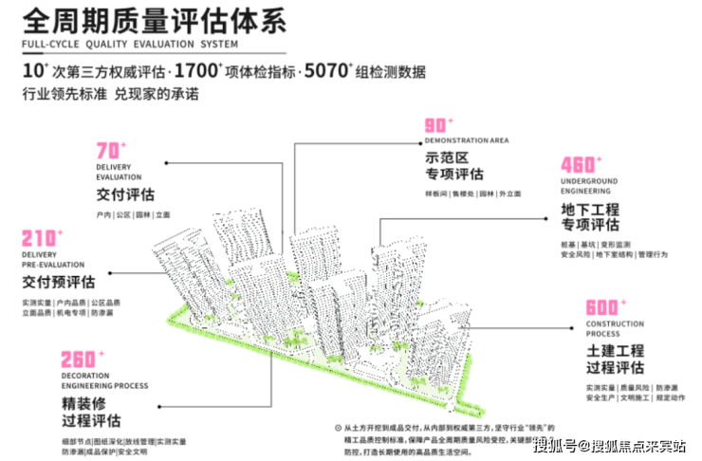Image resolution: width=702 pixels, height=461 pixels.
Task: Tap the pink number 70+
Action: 110,151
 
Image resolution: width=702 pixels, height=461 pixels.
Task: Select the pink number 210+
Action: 41,237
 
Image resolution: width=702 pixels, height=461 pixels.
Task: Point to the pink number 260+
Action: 79,360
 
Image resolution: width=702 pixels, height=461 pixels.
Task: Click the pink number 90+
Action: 436,126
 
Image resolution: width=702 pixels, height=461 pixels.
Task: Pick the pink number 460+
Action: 582,164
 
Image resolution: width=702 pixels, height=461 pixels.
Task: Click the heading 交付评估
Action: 124,196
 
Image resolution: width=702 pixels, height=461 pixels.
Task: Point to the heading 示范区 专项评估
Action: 454,165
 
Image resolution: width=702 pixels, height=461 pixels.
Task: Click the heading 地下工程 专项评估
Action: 590,216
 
